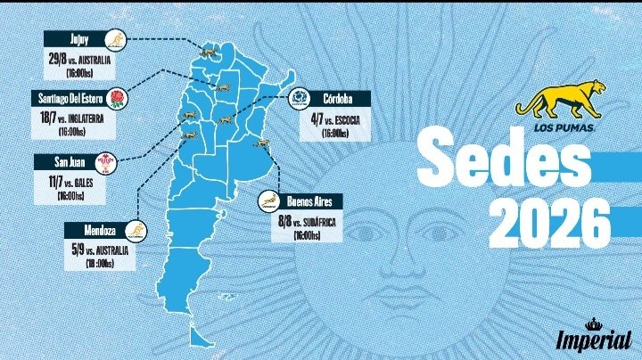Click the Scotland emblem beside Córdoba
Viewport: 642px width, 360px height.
pyautogui.click(x=299, y=99)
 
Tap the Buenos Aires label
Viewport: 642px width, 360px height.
pyautogui.click(x=309, y=202)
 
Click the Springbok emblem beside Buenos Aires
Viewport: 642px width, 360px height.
pyautogui.click(x=268, y=202)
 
